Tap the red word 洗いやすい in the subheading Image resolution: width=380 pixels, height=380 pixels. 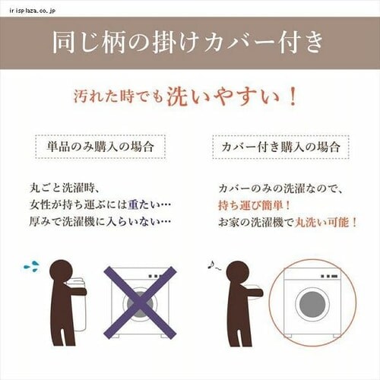tap(232, 97)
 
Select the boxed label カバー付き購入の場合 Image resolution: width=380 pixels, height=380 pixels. tap(280, 145)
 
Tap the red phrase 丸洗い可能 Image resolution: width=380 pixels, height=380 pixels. tap(326, 223)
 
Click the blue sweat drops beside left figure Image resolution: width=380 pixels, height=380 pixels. tap(31, 266)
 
